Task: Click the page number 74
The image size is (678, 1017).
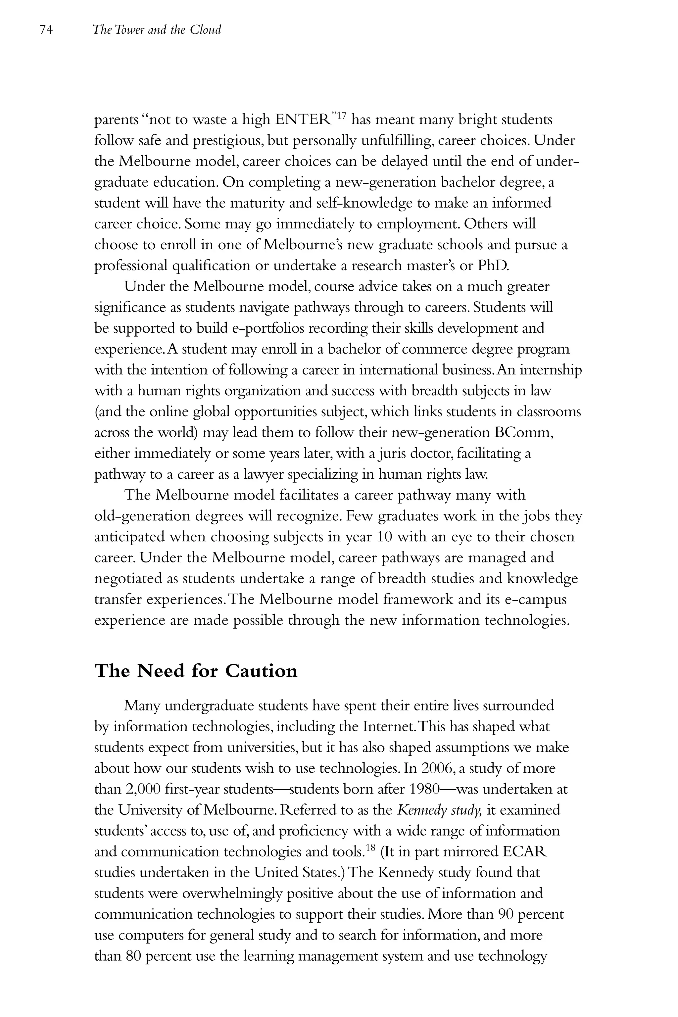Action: pos(46,30)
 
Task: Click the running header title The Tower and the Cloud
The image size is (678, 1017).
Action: pos(157,30)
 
